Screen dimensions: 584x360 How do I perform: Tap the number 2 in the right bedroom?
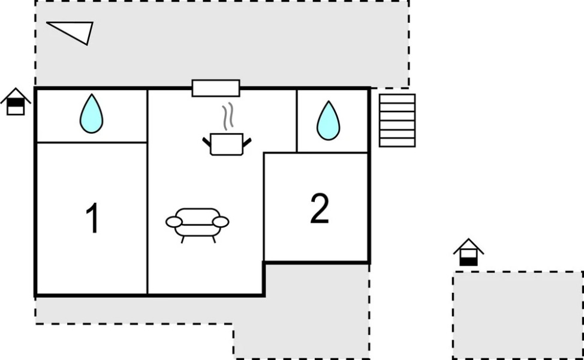[320, 208]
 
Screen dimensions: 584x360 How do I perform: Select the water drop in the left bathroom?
[91, 113]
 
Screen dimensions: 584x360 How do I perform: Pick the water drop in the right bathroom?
[329, 121]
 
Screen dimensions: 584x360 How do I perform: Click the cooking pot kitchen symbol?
[227, 144]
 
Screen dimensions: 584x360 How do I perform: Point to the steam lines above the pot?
[228, 116]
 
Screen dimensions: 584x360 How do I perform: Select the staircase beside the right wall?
[398, 121]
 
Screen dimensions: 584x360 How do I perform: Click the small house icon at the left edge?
[15, 102]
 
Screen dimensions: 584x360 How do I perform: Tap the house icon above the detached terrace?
[468, 252]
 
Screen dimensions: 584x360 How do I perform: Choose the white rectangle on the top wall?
[216, 88]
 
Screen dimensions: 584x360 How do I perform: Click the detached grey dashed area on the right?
[518, 315]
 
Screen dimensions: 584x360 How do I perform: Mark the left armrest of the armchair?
[174, 222]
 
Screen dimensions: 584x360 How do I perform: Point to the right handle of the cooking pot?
[247, 142]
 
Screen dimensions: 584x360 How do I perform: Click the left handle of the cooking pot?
[207, 142]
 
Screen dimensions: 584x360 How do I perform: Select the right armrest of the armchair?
[221, 222]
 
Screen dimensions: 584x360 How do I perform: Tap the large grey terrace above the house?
[222, 44]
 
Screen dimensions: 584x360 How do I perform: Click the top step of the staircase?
[398, 98]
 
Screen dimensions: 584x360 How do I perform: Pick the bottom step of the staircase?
[398, 143]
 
